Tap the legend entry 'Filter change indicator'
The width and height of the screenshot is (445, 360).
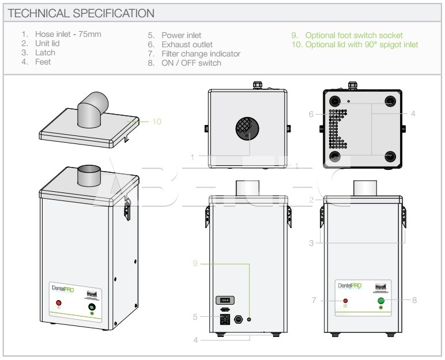(x=201, y=54)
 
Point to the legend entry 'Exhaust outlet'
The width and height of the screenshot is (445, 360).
(x=187, y=44)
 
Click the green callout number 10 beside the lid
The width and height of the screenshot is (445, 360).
(x=157, y=122)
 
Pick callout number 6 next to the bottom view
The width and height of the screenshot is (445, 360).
(x=311, y=114)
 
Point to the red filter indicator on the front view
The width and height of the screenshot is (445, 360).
(x=345, y=301)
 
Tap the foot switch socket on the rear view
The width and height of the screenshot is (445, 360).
(x=248, y=319)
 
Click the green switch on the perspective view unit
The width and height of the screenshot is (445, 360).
(x=92, y=308)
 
